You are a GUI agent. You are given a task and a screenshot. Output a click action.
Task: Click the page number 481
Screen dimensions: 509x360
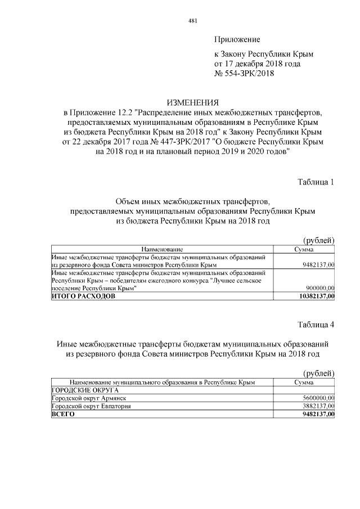(192, 21)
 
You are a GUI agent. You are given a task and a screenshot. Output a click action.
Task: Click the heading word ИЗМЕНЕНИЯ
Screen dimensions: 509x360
(192, 102)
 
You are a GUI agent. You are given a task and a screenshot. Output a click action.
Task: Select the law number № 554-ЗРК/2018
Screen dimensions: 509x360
(244, 74)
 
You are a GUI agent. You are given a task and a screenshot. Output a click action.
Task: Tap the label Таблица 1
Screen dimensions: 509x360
(316, 182)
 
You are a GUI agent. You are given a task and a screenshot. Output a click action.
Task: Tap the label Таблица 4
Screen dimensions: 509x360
(316, 325)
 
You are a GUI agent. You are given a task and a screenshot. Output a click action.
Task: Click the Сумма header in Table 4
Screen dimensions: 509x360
(304, 382)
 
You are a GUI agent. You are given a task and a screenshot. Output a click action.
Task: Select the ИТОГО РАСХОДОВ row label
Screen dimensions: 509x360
(83, 296)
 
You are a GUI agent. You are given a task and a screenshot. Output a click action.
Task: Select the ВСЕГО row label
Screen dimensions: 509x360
(62, 414)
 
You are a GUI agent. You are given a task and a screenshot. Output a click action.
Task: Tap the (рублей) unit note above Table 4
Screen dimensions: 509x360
(319, 373)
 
